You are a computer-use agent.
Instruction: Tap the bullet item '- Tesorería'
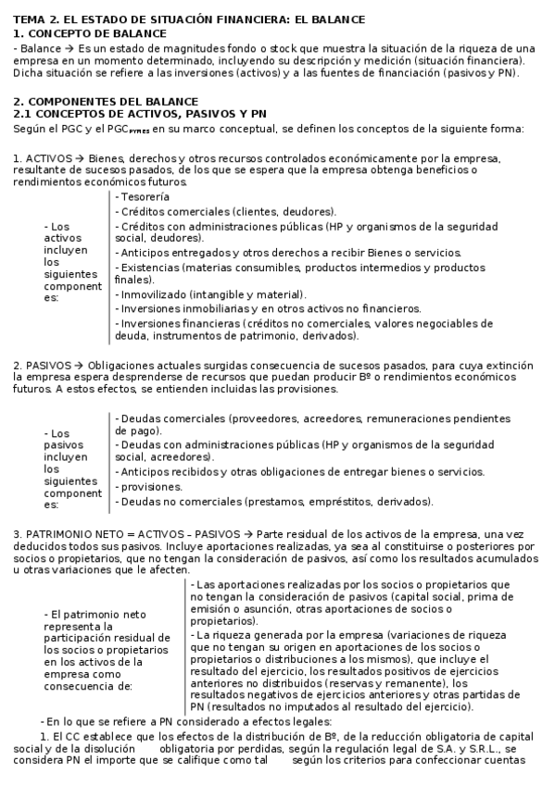click(x=143, y=197)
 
